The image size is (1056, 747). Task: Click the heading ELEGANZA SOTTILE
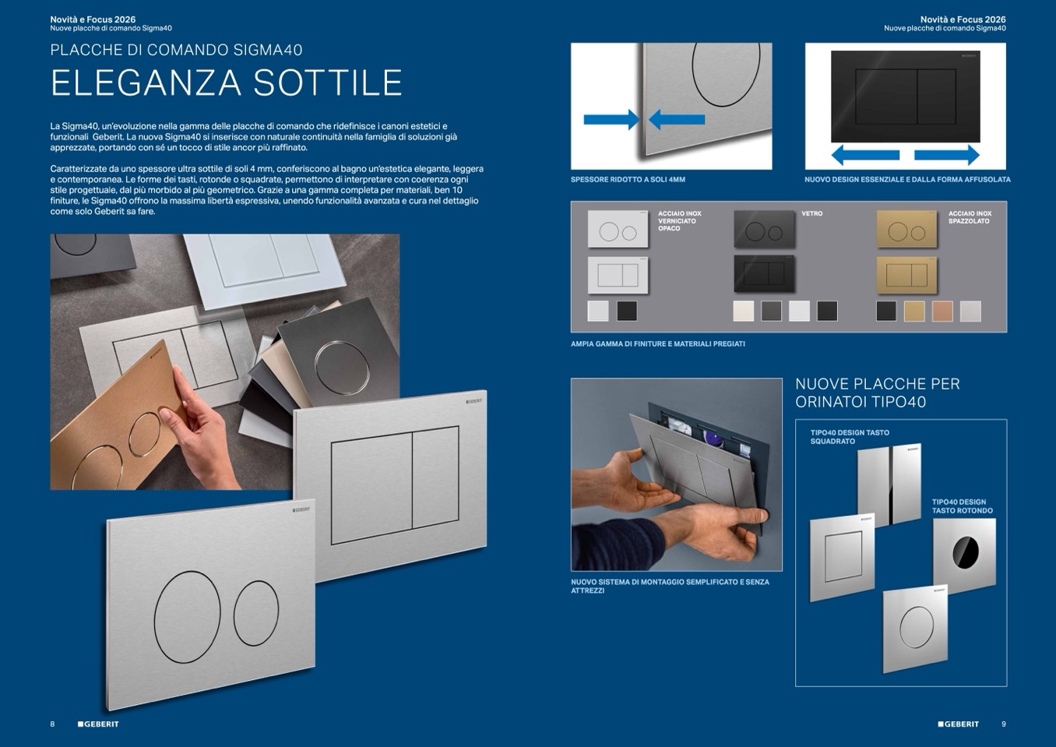coord(227,83)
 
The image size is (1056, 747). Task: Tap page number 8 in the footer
coord(52,724)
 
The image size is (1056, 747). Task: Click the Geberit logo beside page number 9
coord(959,724)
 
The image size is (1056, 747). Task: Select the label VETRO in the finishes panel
coord(811,213)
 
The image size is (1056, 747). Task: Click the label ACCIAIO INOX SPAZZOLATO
coord(970,217)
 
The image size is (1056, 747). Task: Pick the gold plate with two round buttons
coord(906,229)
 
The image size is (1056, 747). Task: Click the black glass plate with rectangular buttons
coord(764,274)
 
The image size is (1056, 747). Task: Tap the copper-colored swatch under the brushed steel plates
coord(942,312)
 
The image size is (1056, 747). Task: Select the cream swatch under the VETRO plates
coord(744,312)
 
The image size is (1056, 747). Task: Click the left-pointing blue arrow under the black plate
coord(865,155)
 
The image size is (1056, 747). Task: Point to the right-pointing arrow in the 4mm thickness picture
coord(611,119)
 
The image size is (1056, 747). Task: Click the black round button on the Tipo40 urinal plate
coord(966,551)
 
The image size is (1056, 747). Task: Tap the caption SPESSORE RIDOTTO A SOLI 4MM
coord(628,180)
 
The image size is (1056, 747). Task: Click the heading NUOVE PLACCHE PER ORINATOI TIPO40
coord(878,393)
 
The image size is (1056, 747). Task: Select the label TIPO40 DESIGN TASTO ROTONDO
coord(963,506)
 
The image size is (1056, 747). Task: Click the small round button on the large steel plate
coord(256,613)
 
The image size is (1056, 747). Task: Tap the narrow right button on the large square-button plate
coord(435,477)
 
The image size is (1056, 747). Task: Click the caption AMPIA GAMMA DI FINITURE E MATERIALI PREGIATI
coord(658,344)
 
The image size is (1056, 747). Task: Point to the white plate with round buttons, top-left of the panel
coord(618,229)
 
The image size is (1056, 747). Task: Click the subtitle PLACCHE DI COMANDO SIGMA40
coord(176,50)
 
